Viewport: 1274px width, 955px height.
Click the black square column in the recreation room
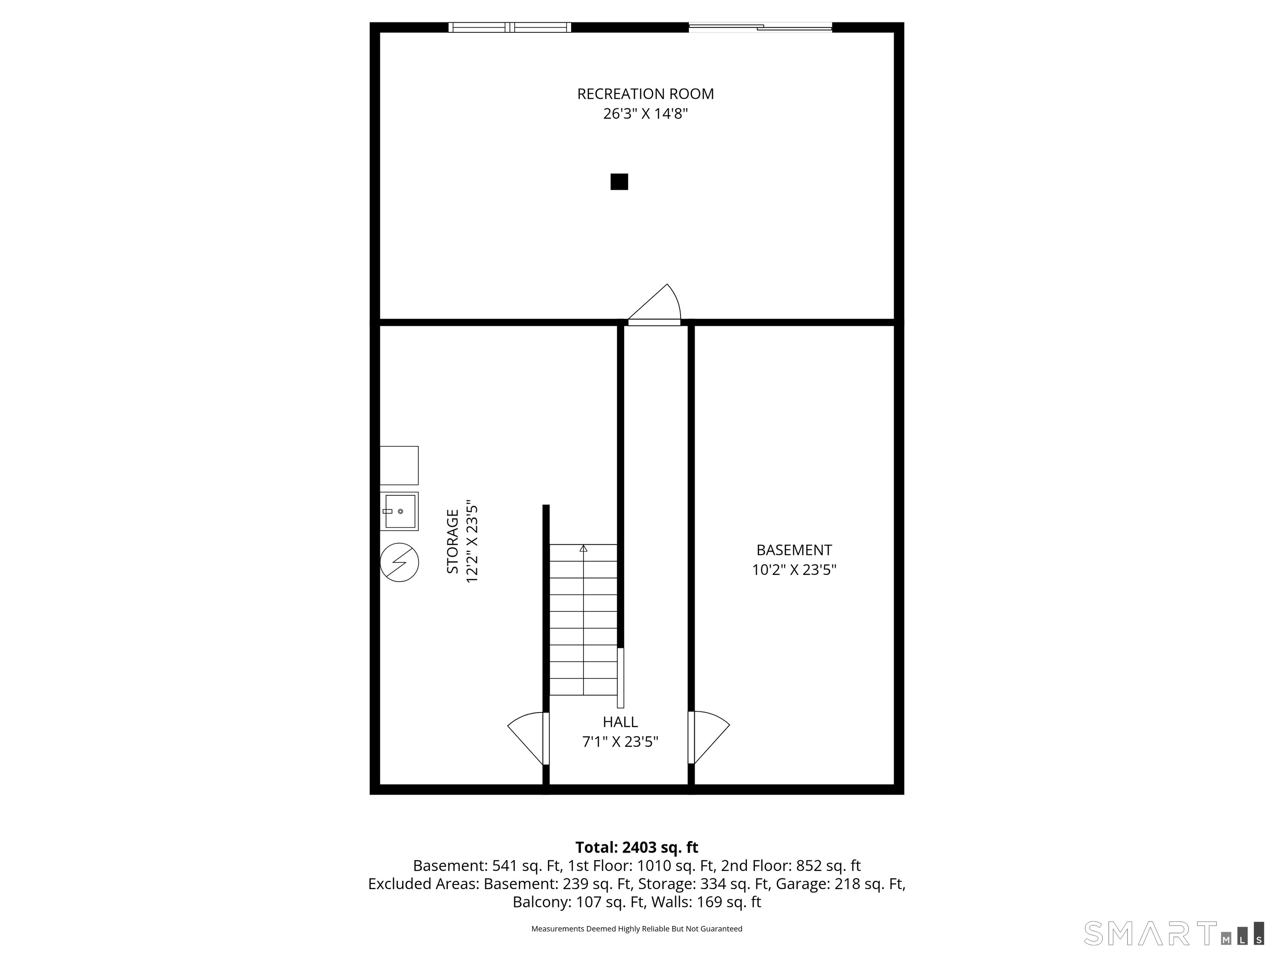click(619, 182)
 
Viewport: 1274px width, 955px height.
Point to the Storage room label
click(453, 541)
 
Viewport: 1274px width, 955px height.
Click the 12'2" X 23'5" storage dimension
click(472, 541)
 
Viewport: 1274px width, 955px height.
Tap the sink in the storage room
click(399, 511)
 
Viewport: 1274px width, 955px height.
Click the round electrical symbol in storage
click(399, 562)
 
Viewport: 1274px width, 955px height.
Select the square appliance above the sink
click(399, 465)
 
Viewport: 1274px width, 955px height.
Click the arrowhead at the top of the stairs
click(584, 549)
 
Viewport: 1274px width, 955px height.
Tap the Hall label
click(620, 722)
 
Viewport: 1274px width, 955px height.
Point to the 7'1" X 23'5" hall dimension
click(620, 742)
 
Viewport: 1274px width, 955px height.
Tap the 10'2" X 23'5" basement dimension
click(794, 570)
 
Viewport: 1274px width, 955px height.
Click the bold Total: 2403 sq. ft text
click(637, 847)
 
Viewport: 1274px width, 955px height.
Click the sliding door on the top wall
click(760, 27)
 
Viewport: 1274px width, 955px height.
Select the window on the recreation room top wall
click(510, 27)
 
